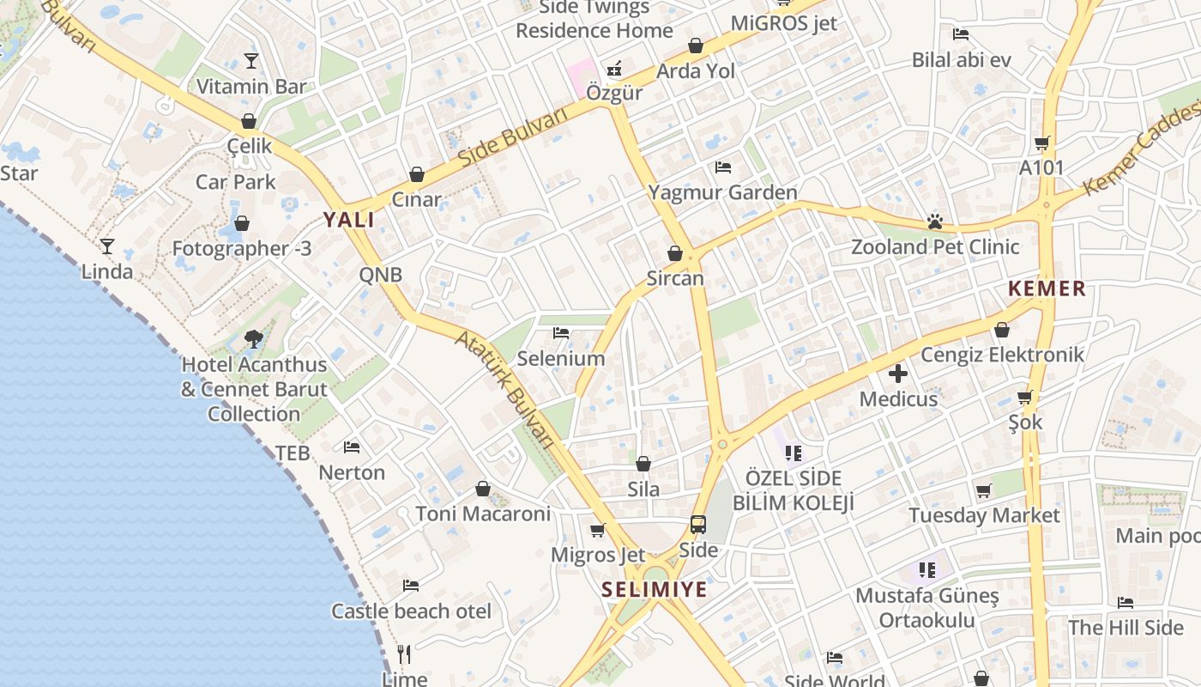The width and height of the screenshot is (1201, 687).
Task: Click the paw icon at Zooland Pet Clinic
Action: coord(934,222)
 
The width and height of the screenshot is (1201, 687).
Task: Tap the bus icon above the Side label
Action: coord(698,524)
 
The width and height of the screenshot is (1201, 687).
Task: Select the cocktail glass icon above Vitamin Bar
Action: coord(250,60)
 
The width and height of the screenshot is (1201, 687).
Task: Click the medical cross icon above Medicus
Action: coord(898,374)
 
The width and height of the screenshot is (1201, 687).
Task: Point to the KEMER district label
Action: coord(1047,289)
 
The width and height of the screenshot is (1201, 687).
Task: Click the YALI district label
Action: coord(348,220)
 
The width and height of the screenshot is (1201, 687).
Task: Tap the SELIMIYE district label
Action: coord(655,589)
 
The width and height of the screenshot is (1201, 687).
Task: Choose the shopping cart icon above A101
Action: coord(1041,143)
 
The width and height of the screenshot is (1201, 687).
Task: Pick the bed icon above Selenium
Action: coord(561,332)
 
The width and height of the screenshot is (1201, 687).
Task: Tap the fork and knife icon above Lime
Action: coord(404,654)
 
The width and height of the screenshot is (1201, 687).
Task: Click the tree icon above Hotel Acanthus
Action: coord(253,339)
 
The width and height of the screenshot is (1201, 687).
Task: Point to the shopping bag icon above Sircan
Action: coord(675,253)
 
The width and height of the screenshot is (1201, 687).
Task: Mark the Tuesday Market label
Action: coord(984,515)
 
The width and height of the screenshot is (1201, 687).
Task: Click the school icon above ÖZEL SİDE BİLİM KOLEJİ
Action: coord(793,453)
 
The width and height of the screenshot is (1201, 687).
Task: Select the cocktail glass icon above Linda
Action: coord(107,246)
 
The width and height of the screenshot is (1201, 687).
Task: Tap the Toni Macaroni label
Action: coord(483,514)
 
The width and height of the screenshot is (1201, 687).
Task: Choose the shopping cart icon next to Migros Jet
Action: coord(598,530)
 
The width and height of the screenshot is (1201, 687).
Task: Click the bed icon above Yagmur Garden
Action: coord(723,167)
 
